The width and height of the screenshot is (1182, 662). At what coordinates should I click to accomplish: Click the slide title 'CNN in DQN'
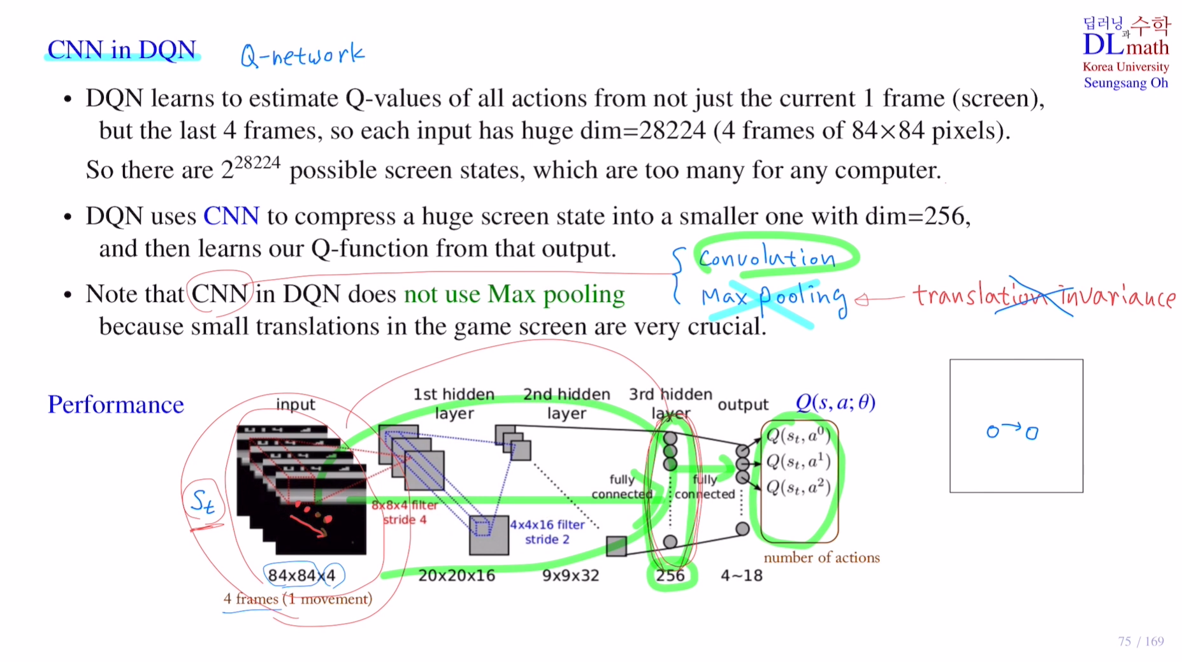(122, 50)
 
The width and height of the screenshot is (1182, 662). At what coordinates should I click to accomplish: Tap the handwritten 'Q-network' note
(302, 55)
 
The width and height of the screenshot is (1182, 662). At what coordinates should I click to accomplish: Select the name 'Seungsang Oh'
(1125, 83)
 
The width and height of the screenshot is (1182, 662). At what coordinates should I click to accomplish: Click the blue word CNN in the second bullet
(231, 217)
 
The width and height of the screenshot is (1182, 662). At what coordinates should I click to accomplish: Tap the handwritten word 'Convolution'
(767, 257)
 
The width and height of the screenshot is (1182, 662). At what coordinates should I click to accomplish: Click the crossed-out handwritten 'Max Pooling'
(773, 298)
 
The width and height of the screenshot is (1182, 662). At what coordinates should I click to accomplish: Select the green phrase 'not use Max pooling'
(514, 294)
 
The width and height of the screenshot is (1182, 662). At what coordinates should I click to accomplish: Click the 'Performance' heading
(116, 405)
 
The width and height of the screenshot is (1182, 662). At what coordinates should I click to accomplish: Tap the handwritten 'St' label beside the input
(203, 501)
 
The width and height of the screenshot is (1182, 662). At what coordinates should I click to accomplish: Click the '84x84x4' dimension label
(301, 575)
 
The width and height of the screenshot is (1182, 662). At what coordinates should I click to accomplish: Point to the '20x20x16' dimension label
(456, 575)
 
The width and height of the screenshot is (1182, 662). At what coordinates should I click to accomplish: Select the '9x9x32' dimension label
(570, 575)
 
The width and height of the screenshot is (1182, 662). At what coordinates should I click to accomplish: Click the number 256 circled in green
(670, 575)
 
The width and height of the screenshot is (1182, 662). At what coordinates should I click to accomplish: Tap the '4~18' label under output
(741, 575)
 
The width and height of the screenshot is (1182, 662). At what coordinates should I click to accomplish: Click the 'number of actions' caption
(821, 558)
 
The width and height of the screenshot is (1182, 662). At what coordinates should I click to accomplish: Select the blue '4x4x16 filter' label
(547, 525)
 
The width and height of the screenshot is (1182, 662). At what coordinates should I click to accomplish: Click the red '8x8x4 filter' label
(405, 505)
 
